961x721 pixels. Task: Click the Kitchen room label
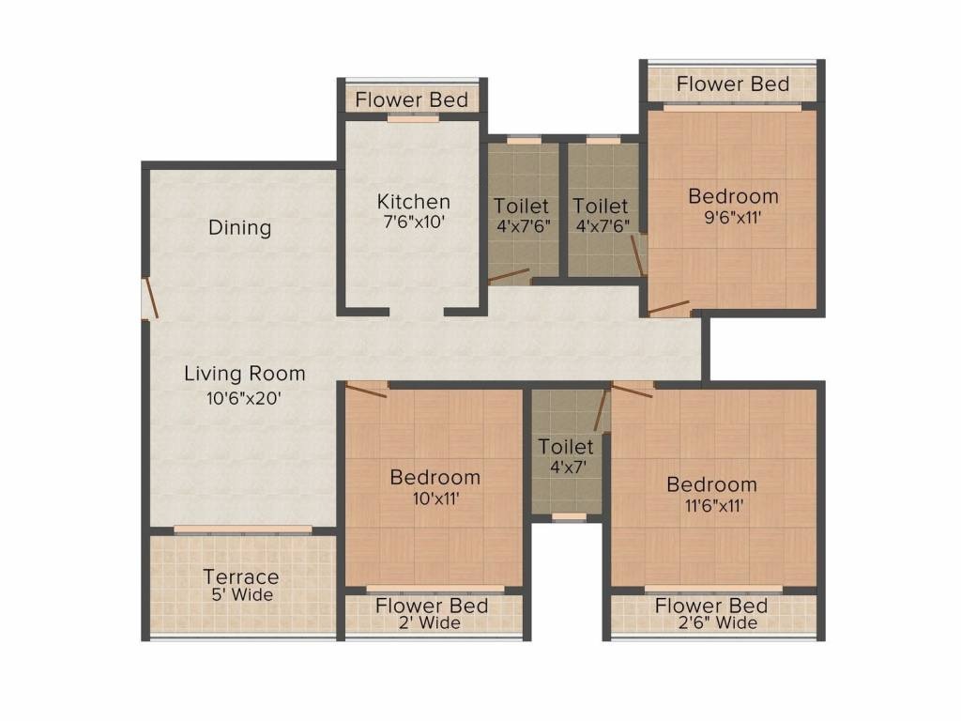tap(413, 202)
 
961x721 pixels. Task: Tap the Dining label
tap(240, 227)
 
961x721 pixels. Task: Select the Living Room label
tap(244, 374)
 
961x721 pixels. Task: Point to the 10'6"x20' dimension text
tap(244, 397)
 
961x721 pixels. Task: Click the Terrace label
tap(241, 576)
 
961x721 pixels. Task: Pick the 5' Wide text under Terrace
tap(241, 594)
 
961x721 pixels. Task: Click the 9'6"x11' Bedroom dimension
tap(733, 215)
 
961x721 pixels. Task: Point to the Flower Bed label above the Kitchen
tap(411, 100)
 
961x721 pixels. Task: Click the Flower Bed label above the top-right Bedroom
tap(733, 84)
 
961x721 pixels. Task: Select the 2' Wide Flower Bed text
tap(432, 623)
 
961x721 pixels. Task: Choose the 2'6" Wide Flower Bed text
tap(711, 623)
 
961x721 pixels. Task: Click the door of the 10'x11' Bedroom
tap(367, 390)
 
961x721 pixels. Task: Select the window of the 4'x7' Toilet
tap(566, 516)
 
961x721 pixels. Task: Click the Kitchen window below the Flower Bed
tap(412, 119)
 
